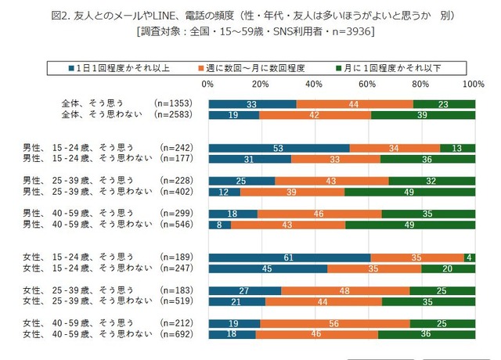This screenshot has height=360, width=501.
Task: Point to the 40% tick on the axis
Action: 314,84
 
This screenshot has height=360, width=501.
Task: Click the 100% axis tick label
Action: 474,84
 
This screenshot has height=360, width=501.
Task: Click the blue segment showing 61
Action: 289,257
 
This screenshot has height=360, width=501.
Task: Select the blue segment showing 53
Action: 279,146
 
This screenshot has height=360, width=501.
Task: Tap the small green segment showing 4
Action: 470,257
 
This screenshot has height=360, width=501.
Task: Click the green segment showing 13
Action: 457,146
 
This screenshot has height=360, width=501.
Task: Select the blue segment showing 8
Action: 218,225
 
